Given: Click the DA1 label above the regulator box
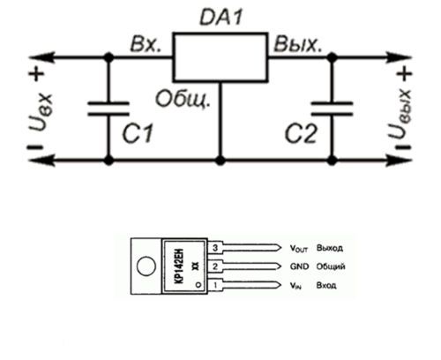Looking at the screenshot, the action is pos(221,17).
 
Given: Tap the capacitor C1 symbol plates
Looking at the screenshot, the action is pos(108,109).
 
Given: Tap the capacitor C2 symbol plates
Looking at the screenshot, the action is pos(333,109).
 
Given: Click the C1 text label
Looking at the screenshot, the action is pos(138,133).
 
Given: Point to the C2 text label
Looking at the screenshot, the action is pos(301,133).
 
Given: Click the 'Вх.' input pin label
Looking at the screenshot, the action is pos(146,45).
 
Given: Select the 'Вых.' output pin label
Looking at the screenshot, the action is pos(297,45).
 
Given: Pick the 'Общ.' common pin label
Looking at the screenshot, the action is pos(183,99).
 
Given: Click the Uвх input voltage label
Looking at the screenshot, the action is pos(41,112).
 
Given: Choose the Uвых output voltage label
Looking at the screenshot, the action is pos(400,114).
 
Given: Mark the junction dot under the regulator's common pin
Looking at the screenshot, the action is pos(220,161).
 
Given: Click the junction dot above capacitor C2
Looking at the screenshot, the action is pos(333,57).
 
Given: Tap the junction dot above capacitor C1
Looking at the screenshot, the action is pos(108,57).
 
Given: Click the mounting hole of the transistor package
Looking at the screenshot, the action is pos(146,266).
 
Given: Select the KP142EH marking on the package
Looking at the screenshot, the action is pos(179,266).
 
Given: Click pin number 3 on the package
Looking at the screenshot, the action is pos(215,248).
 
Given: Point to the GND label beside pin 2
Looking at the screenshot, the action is pos(299,266).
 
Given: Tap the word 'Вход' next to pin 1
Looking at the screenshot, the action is pos(326,285).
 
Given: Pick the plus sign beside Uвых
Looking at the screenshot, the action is pos(405,73).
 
